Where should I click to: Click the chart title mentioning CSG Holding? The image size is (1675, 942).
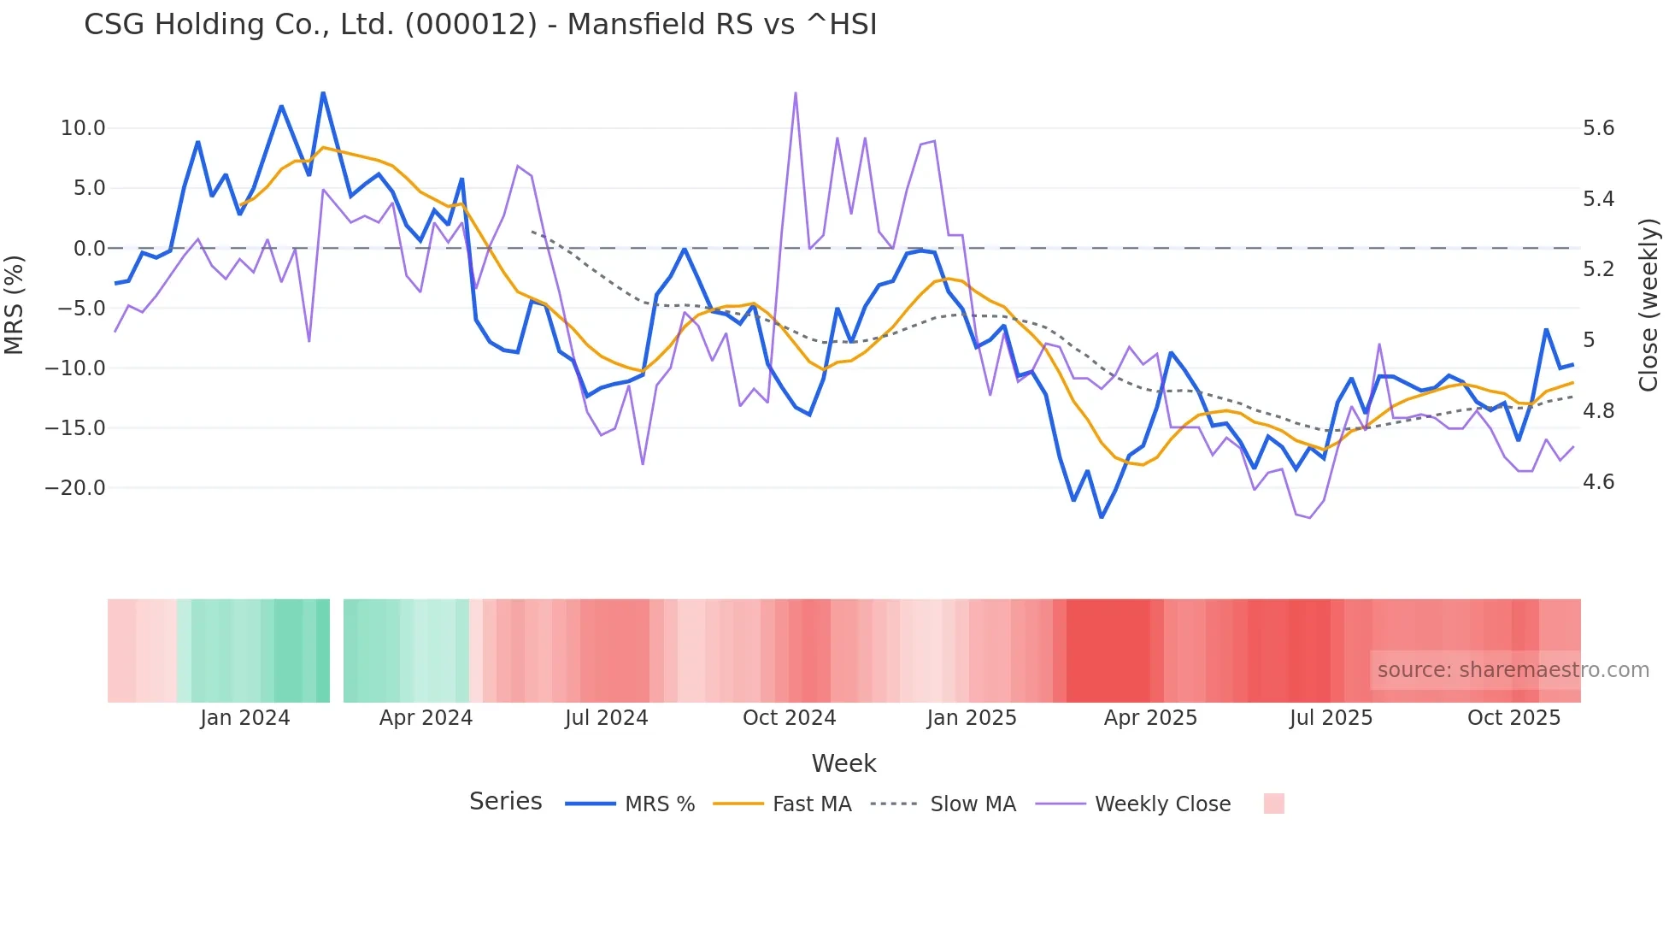(x=480, y=25)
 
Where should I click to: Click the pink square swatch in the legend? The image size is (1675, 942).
(x=1273, y=804)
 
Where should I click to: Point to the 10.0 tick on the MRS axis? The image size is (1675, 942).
(x=83, y=128)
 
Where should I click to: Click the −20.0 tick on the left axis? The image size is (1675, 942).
(x=75, y=488)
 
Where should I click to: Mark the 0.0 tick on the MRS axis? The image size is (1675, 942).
(x=89, y=249)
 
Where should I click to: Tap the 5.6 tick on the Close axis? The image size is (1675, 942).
(x=1599, y=128)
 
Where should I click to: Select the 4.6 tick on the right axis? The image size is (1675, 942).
(x=1599, y=482)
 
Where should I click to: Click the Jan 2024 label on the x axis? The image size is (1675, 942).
(x=245, y=718)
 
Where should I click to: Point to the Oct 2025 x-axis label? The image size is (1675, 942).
(x=1513, y=718)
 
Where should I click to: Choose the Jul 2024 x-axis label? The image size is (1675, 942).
(x=607, y=718)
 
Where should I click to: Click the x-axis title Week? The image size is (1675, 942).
(x=843, y=763)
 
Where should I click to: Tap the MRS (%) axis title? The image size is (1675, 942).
(x=15, y=305)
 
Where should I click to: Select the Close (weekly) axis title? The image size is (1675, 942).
(x=1649, y=305)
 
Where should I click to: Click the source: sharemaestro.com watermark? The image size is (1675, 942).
(x=1513, y=670)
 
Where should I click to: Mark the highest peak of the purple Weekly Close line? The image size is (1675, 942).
(x=796, y=93)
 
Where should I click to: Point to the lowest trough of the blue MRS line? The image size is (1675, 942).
(x=1102, y=517)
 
